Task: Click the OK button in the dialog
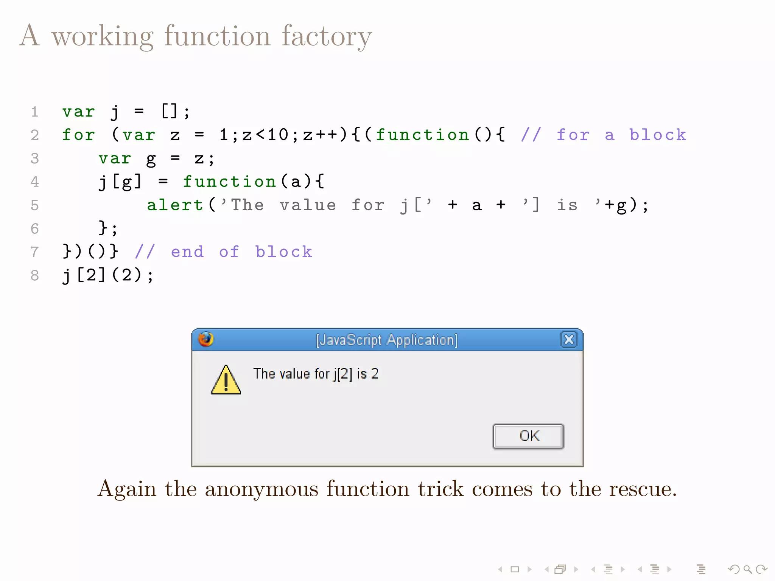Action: click(x=528, y=436)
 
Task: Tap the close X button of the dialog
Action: click(x=569, y=339)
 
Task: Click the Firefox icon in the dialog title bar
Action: click(x=206, y=339)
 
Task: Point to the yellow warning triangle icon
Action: click(x=226, y=381)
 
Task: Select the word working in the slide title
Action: click(x=103, y=36)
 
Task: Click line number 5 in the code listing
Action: click(x=35, y=205)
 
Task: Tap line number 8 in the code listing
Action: click(x=35, y=275)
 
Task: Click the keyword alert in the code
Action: click(x=175, y=205)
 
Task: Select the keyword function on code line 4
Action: click(x=229, y=182)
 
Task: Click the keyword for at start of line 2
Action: click(x=78, y=135)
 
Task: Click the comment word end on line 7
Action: click(x=187, y=252)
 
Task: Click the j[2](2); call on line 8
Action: click(x=108, y=275)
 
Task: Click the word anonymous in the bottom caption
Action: click(x=261, y=489)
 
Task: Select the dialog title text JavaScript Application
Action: click(x=387, y=340)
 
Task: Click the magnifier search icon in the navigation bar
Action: click(x=747, y=569)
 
